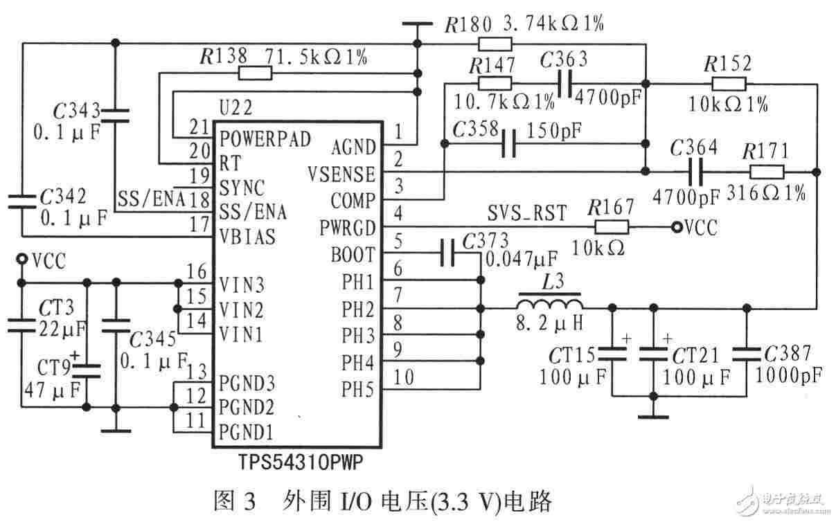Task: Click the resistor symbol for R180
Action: pos(495,44)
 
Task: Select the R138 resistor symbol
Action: pos(256,73)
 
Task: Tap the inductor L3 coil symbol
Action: pos(549,303)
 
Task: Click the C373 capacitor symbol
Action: pos(447,253)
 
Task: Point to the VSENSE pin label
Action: pos(341,174)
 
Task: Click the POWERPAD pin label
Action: pos(265,138)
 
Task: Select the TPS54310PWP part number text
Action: pos(301,462)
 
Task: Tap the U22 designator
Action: pos(236,108)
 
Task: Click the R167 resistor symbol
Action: pos(612,227)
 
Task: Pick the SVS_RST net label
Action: pos(527,213)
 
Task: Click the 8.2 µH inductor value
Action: pos(549,323)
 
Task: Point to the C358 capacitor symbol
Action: pos(509,143)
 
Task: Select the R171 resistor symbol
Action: pos(767,172)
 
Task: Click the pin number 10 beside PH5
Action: pos(404,377)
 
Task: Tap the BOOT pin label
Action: pos(353,255)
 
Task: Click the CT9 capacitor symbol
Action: pos(87,371)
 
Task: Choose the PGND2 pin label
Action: pos(247,408)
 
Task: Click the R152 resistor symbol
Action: pos(729,84)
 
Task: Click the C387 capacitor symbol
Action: pos(747,355)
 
